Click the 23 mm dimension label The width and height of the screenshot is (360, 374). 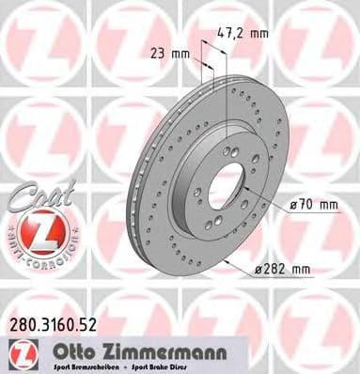click(166, 54)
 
